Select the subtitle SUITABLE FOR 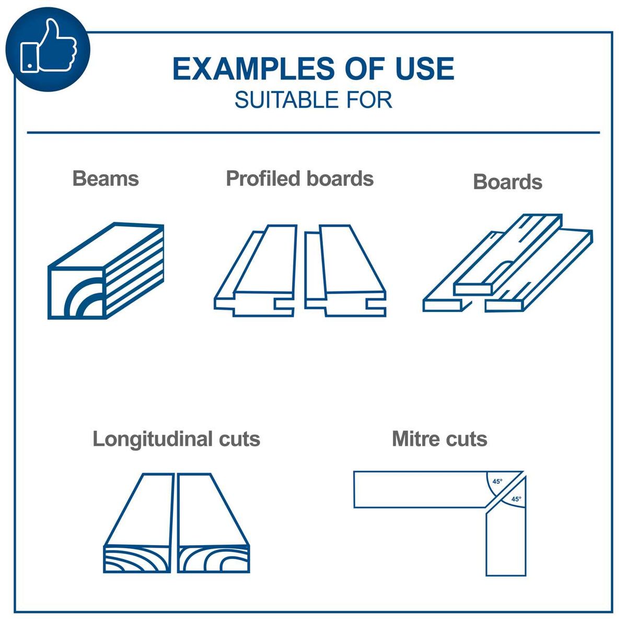(313, 100)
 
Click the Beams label (106, 179)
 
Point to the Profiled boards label (299, 179)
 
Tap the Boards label (507, 182)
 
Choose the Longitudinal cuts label (176, 439)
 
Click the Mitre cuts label (439, 439)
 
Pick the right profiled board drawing (345, 272)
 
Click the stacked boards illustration (508, 264)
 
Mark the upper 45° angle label (497, 481)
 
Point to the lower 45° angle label (516, 499)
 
